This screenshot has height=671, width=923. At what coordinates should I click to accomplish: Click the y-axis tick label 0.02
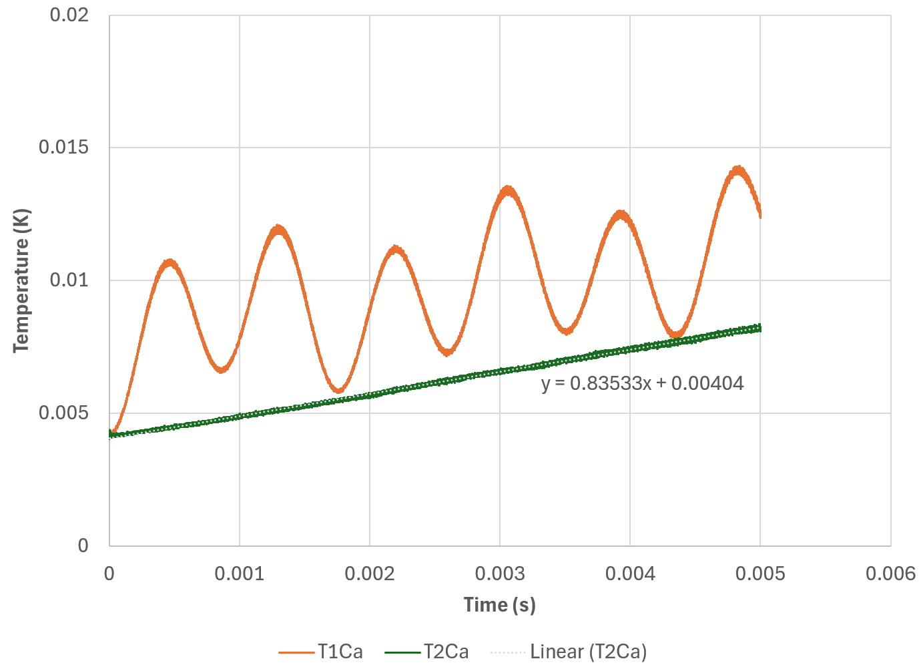point(69,14)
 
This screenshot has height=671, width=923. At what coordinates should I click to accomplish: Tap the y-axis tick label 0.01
point(69,280)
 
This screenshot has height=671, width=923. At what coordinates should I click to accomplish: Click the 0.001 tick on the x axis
point(239,574)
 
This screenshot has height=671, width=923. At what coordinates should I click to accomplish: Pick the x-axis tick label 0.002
point(369,574)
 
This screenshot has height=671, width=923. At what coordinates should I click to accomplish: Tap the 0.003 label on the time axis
point(499,574)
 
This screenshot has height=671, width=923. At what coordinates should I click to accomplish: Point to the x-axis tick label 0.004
point(629,574)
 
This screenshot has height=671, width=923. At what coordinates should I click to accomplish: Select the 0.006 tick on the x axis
point(890,574)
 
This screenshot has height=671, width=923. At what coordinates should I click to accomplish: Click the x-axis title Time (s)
point(499,605)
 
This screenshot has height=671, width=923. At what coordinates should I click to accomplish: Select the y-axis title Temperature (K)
point(21,280)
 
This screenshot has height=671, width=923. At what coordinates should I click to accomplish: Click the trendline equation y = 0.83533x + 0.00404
point(642,383)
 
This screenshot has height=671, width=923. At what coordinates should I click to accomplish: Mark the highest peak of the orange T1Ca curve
point(737,170)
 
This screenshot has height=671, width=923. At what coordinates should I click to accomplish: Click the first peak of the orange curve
point(171,262)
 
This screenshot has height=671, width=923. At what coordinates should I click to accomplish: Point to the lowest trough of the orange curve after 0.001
point(339,390)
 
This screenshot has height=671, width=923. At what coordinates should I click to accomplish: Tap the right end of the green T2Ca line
point(759,328)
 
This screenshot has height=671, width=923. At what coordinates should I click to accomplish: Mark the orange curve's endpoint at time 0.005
point(760,214)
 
